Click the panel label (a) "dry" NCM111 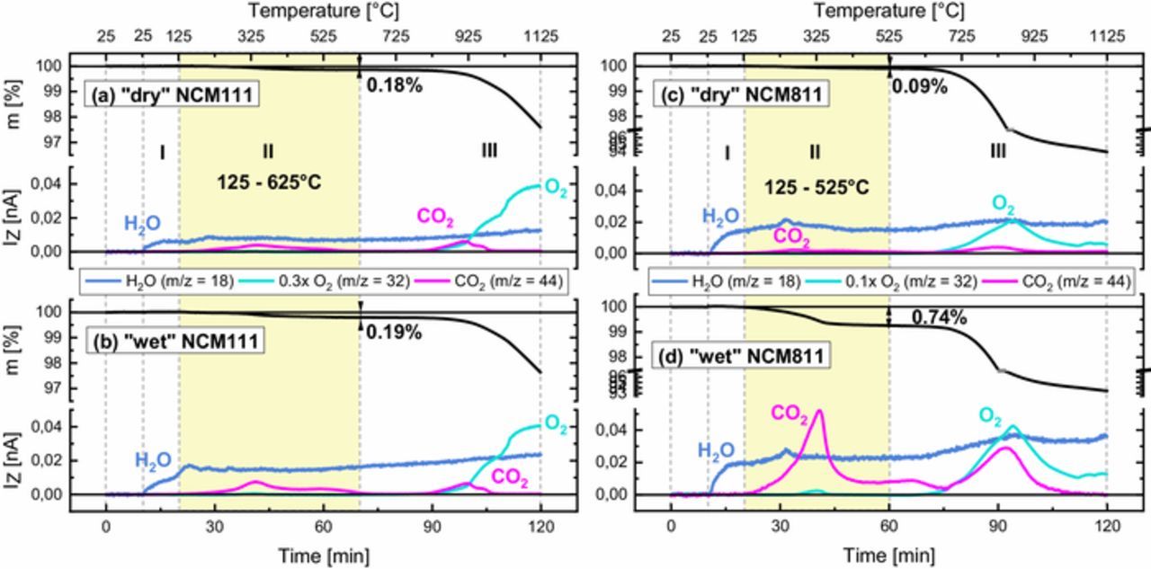coord(173,94)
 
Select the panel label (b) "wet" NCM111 coord(173,341)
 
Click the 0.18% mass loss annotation coord(394,85)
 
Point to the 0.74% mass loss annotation coord(939,317)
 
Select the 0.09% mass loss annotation coord(919,86)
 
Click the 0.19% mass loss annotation coord(394,332)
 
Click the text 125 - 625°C coord(269,182)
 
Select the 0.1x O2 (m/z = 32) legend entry coord(910,281)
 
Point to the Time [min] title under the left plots coord(324,555)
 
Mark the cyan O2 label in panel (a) coord(556,190)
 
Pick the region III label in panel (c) coord(997,152)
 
